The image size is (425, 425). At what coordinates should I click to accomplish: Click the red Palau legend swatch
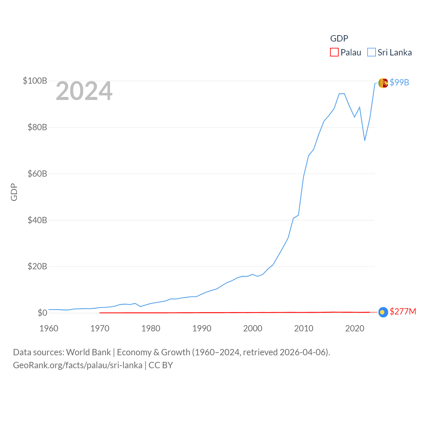(x=334, y=52)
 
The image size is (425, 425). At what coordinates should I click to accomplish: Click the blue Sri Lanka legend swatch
(x=371, y=52)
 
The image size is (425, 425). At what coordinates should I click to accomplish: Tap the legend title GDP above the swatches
(x=339, y=39)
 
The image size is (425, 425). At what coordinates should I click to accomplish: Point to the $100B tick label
(x=35, y=81)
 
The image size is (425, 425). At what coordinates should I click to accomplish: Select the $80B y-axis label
(x=37, y=127)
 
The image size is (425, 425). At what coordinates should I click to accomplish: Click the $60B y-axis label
(x=37, y=174)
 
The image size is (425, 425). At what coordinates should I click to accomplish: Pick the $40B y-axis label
(x=37, y=220)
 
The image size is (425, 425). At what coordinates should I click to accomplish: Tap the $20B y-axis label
(x=37, y=266)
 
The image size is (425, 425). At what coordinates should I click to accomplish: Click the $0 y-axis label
(x=42, y=313)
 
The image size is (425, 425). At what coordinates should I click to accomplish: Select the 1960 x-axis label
(x=49, y=328)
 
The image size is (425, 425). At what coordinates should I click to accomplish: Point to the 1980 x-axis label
(x=151, y=328)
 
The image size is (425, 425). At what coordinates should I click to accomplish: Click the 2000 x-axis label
(x=253, y=328)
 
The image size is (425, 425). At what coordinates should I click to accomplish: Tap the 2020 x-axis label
(x=355, y=328)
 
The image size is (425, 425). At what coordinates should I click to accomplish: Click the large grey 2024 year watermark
(x=84, y=91)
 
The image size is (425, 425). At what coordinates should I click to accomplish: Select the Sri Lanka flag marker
(x=383, y=83)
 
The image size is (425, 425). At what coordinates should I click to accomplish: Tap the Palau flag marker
(x=383, y=312)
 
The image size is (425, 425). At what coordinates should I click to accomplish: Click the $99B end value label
(x=399, y=82)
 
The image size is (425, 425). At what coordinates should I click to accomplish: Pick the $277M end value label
(x=403, y=311)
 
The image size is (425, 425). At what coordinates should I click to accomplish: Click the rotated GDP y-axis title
(x=14, y=192)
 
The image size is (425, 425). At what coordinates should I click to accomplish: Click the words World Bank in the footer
(x=88, y=352)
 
